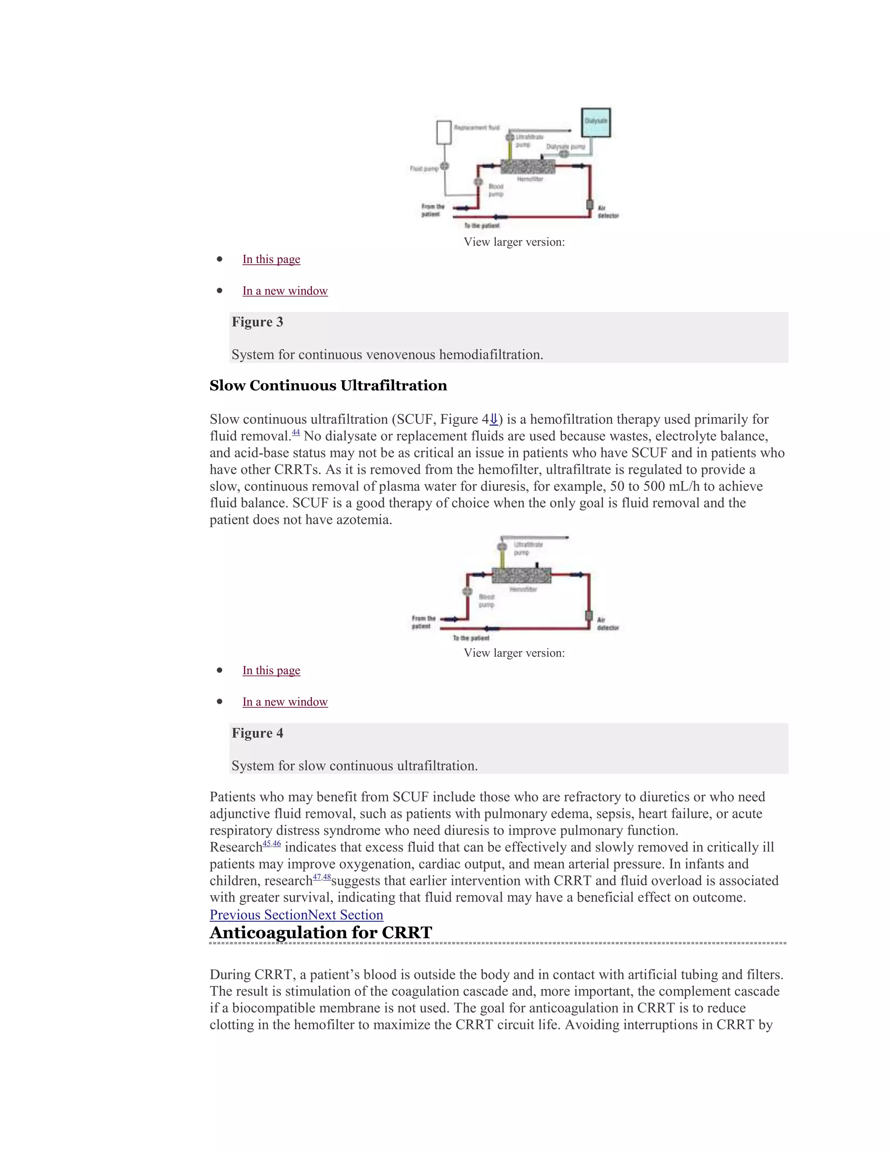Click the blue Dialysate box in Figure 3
tap(596, 123)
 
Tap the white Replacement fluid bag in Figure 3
tap(444, 133)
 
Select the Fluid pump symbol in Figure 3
tap(445, 166)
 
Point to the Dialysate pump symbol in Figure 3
tap(564, 154)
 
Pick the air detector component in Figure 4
tap(589, 616)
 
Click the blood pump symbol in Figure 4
tap(467, 591)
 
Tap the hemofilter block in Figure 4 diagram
tap(522, 576)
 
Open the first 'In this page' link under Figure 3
tap(271, 259)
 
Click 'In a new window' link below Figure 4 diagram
tap(285, 702)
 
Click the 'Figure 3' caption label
tap(257, 322)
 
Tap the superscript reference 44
tap(295, 433)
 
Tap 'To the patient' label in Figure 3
tap(482, 226)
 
